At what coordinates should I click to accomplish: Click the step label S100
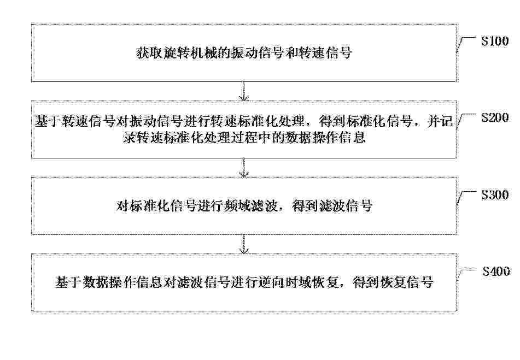click(495, 41)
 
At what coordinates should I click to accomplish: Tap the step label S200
click(495, 117)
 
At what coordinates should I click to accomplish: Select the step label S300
click(495, 194)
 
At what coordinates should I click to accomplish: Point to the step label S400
click(496, 272)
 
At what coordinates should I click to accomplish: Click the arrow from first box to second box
click(244, 91)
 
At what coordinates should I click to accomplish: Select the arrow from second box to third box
click(244, 168)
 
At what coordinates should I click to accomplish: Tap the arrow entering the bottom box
click(244, 244)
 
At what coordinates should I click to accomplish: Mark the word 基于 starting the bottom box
click(68, 282)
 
